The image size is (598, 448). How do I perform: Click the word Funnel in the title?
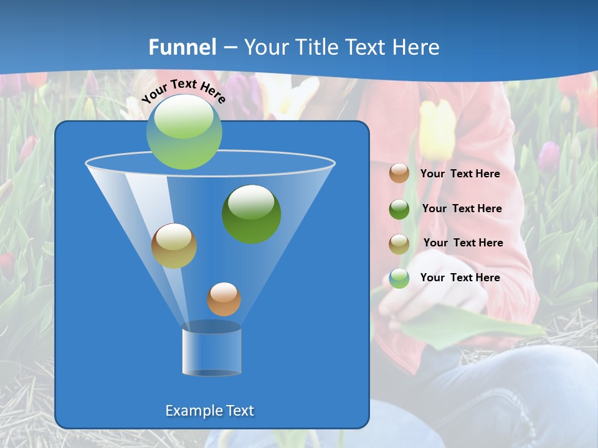(x=183, y=47)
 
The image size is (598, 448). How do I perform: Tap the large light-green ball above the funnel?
(x=184, y=132)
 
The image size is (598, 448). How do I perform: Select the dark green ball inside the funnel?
(x=252, y=214)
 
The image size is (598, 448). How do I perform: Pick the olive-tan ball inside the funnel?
(x=174, y=246)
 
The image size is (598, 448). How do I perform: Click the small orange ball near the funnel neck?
(x=224, y=299)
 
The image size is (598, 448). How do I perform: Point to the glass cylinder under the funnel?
(x=212, y=349)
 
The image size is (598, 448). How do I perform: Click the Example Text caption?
(x=209, y=411)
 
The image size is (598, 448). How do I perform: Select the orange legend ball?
(x=399, y=174)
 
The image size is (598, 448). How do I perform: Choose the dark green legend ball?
(x=399, y=209)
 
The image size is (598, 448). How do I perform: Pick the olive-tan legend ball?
(x=399, y=244)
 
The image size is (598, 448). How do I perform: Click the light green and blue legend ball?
(x=399, y=278)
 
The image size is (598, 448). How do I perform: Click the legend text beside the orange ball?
(x=460, y=174)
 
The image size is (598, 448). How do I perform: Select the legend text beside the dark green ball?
(x=462, y=208)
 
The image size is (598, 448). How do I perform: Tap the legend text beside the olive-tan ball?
(x=463, y=243)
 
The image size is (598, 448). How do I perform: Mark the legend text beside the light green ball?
(x=460, y=278)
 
